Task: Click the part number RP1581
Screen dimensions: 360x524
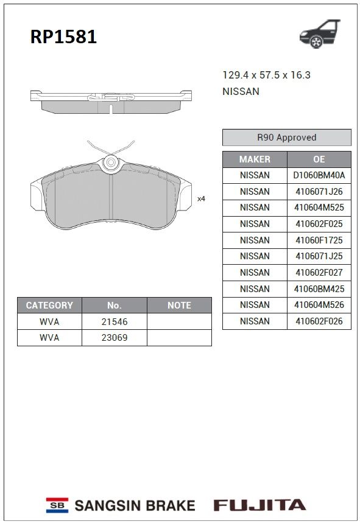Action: pyautogui.click(x=63, y=37)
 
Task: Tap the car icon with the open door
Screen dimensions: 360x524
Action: pyautogui.click(x=320, y=33)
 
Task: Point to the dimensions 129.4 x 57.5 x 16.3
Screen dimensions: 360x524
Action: pyautogui.click(x=266, y=75)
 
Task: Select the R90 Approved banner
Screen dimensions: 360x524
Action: pyautogui.click(x=287, y=138)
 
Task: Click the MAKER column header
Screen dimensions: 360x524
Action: pyautogui.click(x=255, y=159)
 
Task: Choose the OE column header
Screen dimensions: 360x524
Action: pyautogui.click(x=319, y=159)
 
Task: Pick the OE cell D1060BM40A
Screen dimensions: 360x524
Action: pyautogui.click(x=319, y=175)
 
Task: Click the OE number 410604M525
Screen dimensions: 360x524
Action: pyautogui.click(x=319, y=208)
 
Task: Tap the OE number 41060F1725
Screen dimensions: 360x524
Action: pyautogui.click(x=319, y=240)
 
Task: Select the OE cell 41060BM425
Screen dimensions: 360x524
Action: pyautogui.click(x=319, y=288)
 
